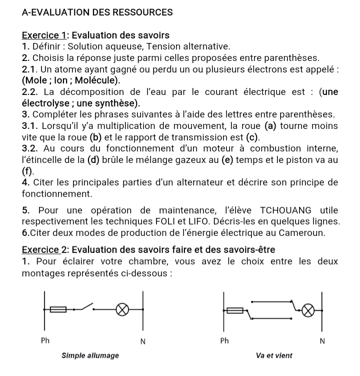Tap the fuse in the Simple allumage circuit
pyautogui.click(x=59, y=309)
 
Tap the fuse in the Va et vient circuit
pyautogui.click(x=234, y=310)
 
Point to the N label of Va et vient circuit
pyautogui.click(x=322, y=341)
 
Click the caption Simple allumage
pyautogui.click(x=90, y=355)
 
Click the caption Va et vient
pyautogui.click(x=273, y=355)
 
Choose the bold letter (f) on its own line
pyautogui.click(x=28, y=171)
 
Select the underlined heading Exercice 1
pyautogui.click(x=45, y=35)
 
